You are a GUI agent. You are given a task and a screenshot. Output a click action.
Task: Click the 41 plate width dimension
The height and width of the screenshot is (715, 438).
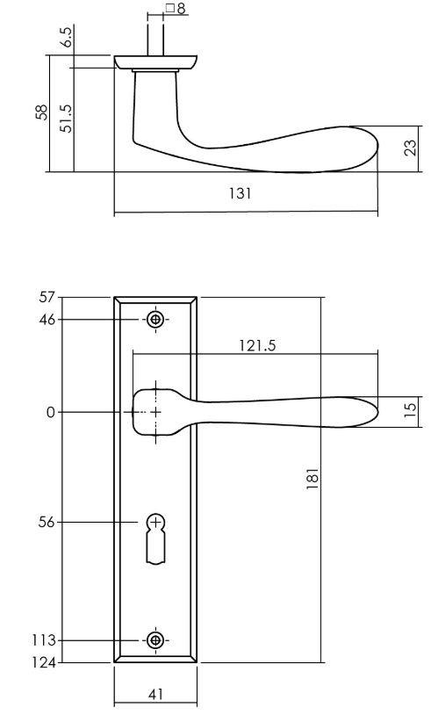(x=155, y=694)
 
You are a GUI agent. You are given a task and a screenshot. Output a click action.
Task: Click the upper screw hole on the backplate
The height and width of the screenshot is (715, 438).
(x=156, y=320)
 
